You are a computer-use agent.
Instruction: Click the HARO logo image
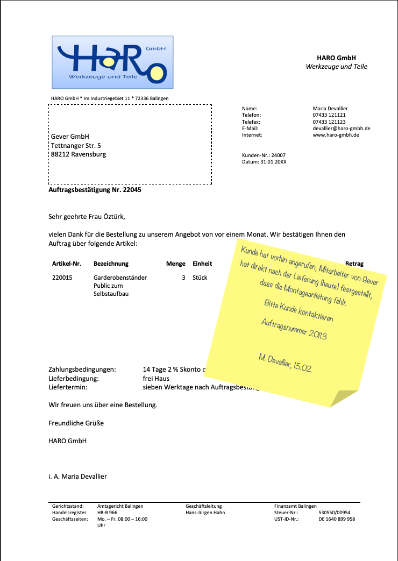click(x=112, y=62)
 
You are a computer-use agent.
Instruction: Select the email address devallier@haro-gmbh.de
click(x=341, y=129)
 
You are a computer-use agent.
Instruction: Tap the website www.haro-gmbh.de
click(x=336, y=135)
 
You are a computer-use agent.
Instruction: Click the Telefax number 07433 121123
click(x=329, y=122)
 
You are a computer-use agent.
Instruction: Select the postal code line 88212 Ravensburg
click(x=78, y=154)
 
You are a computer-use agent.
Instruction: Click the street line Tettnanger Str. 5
click(x=75, y=146)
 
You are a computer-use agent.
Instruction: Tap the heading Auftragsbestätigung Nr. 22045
click(x=95, y=190)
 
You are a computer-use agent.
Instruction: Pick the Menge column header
click(x=175, y=264)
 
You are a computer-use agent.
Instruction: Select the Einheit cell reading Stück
click(x=200, y=278)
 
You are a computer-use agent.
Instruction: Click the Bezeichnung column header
click(x=111, y=264)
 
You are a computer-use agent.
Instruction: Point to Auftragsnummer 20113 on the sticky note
click(x=294, y=329)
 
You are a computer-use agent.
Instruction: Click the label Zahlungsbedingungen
click(x=82, y=370)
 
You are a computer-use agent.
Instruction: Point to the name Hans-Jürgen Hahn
click(x=205, y=513)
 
